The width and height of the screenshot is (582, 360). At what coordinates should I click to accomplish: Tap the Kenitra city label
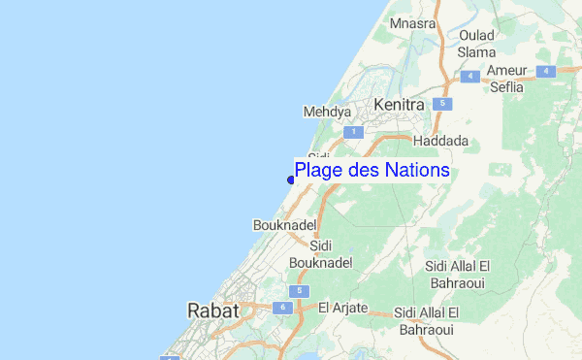pos(399,104)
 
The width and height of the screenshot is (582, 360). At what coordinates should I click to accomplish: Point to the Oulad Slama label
pos(476,44)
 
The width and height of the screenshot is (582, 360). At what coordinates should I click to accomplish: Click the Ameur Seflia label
pos(505,79)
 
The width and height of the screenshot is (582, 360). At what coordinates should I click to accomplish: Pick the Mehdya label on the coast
pos(327,113)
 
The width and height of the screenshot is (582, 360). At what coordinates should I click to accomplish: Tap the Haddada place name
pos(440,141)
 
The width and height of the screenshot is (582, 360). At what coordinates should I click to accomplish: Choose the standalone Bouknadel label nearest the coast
pos(281,224)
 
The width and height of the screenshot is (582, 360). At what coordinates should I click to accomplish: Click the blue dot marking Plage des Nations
pos(291,180)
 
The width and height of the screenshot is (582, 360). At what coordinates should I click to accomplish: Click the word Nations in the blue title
pos(417,170)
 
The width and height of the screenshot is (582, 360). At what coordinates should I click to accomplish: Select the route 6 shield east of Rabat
pos(282,308)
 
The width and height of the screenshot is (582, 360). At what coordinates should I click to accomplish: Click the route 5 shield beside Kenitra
pos(442,103)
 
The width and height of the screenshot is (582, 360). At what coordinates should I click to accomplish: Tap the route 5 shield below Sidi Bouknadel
pos(300,291)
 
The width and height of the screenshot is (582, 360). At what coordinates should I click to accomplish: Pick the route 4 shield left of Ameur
pos(471,75)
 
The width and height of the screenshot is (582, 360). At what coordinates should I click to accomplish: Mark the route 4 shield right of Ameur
pos(547,71)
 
